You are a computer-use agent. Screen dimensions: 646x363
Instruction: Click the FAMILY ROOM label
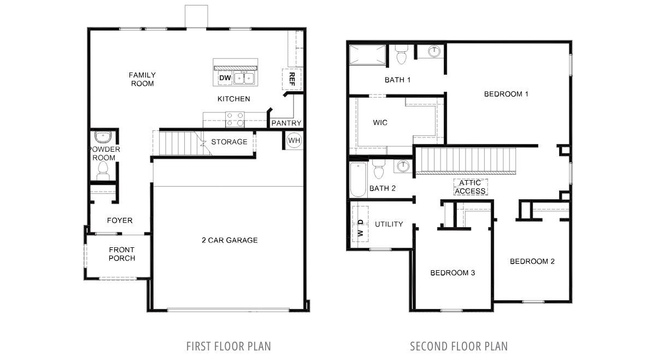(142, 79)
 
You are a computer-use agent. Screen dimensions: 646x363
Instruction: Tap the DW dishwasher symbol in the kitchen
(225, 78)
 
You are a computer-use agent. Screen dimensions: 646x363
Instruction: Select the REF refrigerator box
(292, 79)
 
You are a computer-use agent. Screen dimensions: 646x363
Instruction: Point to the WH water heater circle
(294, 140)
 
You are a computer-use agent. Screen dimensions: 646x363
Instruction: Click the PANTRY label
(286, 123)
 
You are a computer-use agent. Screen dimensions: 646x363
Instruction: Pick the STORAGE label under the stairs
(229, 141)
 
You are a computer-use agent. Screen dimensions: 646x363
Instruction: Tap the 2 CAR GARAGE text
(230, 240)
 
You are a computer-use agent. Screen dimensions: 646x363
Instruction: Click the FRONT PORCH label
(121, 254)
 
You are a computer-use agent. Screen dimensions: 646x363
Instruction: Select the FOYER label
(120, 221)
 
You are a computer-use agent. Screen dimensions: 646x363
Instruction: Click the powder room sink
(102, 136)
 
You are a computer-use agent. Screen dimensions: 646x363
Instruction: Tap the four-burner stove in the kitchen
(235, 120)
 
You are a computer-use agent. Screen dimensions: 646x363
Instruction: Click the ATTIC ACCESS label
(470, 187)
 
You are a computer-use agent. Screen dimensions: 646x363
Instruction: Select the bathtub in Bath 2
(358, 180)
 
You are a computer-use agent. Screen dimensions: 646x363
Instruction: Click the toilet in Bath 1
(401, 55)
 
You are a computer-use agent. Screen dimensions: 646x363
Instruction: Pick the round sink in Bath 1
(434, 51)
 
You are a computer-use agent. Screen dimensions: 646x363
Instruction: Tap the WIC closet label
(380, 123)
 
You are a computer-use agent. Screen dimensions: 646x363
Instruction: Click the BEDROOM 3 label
(453, 273)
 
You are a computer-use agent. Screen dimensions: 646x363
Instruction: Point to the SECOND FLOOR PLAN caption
(459, 347)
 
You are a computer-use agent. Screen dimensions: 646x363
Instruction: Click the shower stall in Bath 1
(367, 55)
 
